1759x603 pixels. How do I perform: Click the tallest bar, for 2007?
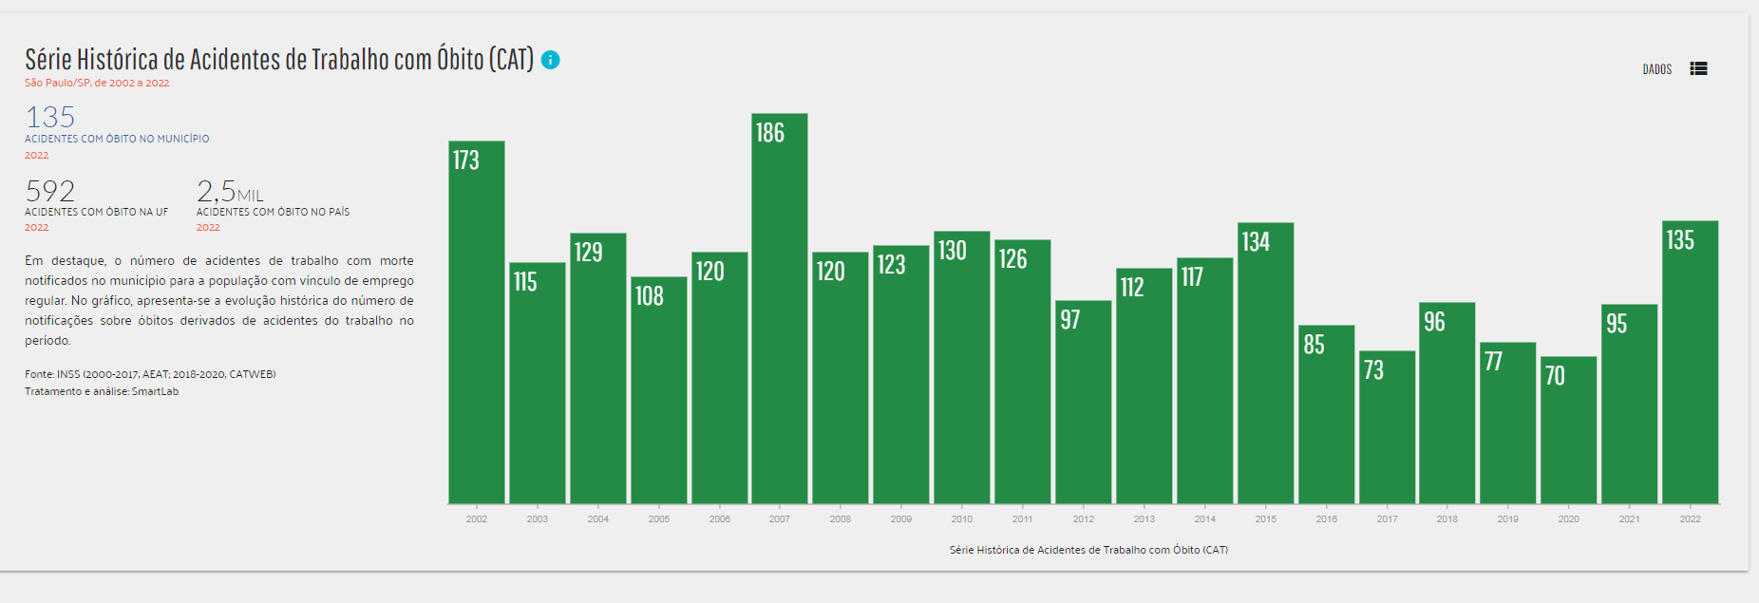[x=780, y=313]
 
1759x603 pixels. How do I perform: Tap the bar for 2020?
[x=1569, y=432]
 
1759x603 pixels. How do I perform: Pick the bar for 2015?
[x=1266, y=366]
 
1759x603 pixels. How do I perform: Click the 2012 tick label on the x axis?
[x=1084, y=519]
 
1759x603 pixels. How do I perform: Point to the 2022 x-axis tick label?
[x=1691, y=519]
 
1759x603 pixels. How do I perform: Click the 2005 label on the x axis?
[x=659, y=519]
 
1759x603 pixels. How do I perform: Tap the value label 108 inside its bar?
[x=650, y=296]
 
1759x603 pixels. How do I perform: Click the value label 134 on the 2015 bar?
[x=1256, y=242]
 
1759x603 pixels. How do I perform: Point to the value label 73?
[x=1373, y=370]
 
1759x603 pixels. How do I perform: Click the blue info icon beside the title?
[x=550, y=60]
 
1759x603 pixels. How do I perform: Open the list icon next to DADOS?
[x=1699, y=69]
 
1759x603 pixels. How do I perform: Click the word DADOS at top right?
[x=1657, y=69]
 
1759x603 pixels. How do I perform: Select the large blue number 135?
[x=50, y=118]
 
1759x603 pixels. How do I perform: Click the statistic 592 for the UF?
[x=50, y=191]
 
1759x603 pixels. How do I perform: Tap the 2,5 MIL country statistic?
[x=229, y=192]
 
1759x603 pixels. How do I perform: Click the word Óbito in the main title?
[x=460, y=60]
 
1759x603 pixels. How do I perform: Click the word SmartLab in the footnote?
[x=155, y=391]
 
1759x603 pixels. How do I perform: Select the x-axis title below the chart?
[x=1088, y=550]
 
